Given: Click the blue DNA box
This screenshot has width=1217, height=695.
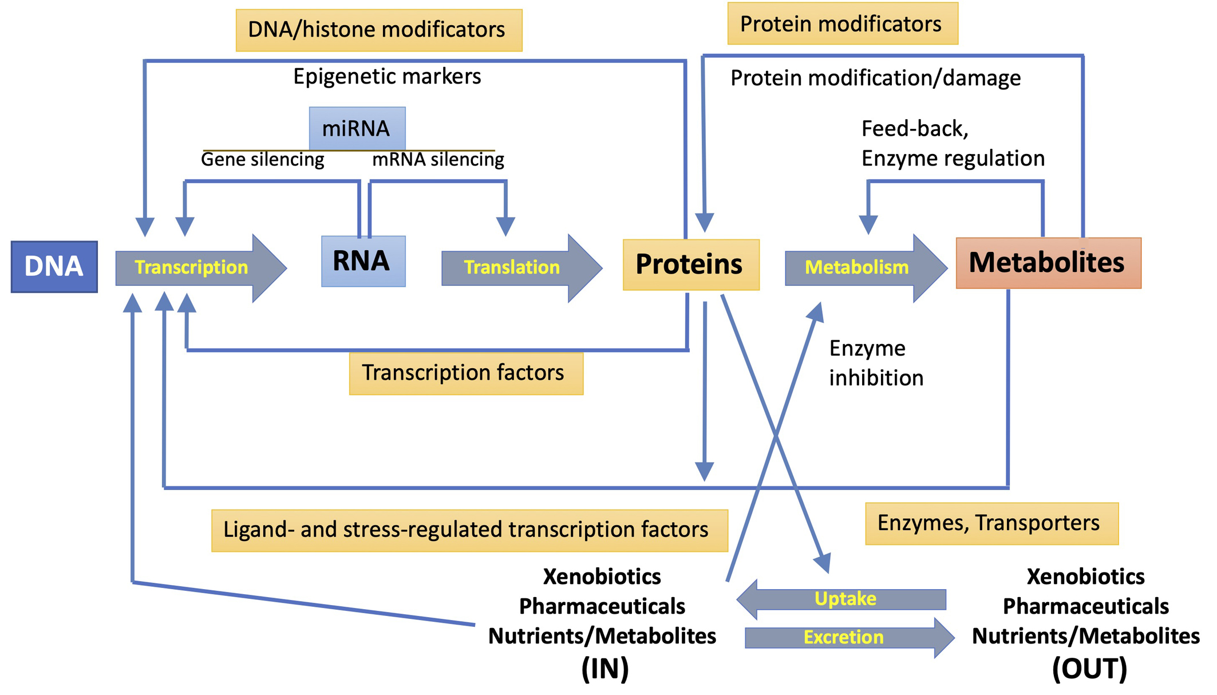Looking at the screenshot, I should coord(54,267).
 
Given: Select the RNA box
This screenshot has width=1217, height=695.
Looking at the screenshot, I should coord(363,261).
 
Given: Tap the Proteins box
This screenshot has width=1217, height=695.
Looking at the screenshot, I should coord(690,264).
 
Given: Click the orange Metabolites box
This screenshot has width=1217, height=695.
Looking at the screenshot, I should coord(1048,263).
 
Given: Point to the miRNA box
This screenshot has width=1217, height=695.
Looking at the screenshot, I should coord(357,128).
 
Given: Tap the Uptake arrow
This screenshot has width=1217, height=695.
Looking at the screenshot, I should coord(844,599).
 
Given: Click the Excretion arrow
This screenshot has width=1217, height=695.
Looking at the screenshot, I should coord(844,637).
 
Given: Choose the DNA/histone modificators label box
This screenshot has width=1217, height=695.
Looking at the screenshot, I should coord(378,30).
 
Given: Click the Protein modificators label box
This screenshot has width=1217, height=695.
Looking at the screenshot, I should coord(842,24).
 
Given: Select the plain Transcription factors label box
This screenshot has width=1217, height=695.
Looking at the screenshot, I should coord(465,373).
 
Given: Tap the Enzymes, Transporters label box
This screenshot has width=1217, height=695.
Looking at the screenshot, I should coord(991,523).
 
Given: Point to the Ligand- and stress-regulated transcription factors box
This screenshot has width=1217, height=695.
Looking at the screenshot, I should coord(469,530).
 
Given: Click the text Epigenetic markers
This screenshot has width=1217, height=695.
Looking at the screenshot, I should coord(387,77).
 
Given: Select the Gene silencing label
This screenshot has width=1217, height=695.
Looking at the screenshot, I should coord(263,159).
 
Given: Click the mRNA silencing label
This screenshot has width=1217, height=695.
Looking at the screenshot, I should coord(438,159).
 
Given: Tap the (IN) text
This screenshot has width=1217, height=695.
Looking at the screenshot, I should coord(604,669).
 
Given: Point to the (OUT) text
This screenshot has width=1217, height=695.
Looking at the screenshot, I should coord(1089,669).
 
